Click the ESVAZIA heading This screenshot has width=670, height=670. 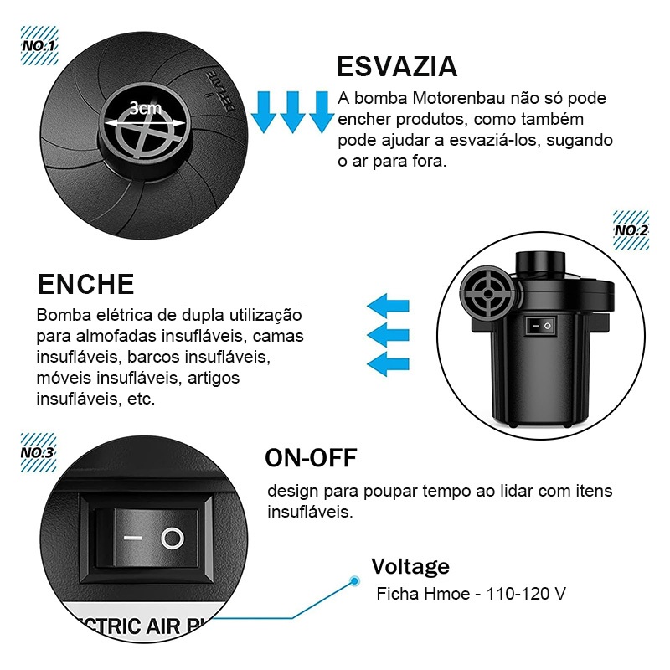tap(397, 67)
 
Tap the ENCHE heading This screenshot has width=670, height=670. tap(86, 284)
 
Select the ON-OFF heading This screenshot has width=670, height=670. tap(311, 458)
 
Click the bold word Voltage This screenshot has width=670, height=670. tap(410, 567)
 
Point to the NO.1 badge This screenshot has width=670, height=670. tap(39, 45)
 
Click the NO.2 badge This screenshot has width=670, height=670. tap(631, 230)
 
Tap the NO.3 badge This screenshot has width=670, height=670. tap(38, 452)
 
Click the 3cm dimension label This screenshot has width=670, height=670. tap(145, 108)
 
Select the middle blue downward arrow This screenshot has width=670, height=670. tap(292, 111)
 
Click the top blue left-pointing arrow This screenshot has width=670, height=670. tap(388, 306)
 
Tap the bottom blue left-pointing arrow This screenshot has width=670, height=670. tap(388, 364)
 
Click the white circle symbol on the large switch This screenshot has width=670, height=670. tap(173, 538)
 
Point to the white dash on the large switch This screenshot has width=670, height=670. tap(133, 538)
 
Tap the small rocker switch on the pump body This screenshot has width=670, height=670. tap(540, 327)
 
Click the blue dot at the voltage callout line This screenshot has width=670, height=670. tap(354, 580)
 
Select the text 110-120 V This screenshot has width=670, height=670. tap(526, 594)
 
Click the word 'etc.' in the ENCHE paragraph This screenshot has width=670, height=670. tap(141, 399)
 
